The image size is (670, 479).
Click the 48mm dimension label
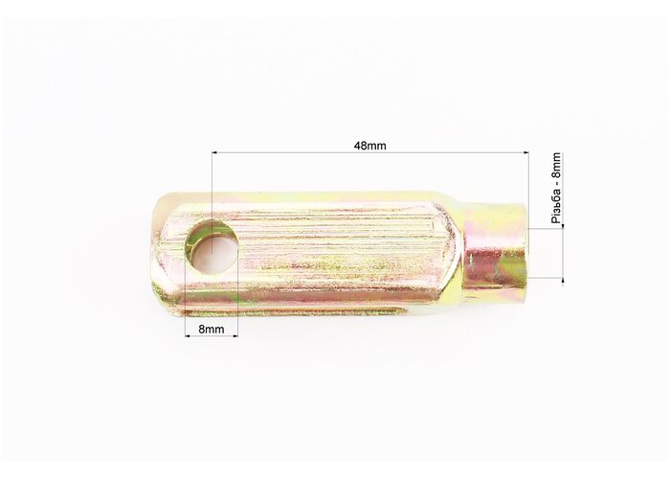369,146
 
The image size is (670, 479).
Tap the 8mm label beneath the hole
212,330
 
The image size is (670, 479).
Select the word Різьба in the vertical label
556,208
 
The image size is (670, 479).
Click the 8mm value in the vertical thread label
556,166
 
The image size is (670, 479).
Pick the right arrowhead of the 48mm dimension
525,152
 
